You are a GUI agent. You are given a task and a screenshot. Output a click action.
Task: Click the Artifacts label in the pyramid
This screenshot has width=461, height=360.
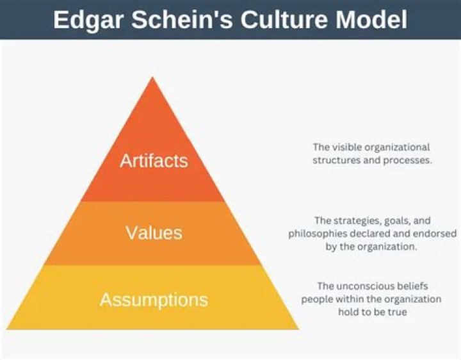[x=154, y=160]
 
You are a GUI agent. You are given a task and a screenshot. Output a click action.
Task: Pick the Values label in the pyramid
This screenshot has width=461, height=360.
[x=154, y=232]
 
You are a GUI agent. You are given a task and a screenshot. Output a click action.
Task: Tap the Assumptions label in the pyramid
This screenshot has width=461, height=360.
[x=154, y=299]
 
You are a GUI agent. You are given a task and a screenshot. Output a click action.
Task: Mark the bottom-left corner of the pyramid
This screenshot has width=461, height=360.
[x=8, y=329]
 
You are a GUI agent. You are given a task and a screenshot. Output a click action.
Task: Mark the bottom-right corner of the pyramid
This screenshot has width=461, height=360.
[x=299, y=329]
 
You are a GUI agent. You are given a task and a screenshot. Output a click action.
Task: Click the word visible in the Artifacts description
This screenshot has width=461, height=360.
[x=343, y=147]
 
